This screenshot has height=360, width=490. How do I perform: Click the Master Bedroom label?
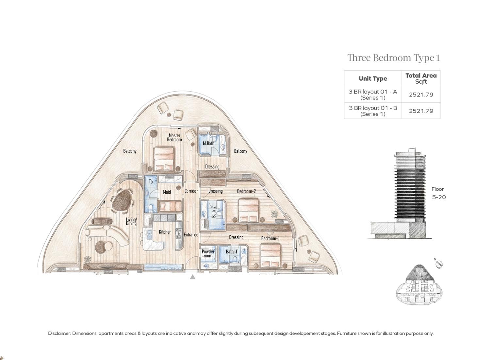point(174,137)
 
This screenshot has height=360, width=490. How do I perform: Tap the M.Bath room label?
point(208,143)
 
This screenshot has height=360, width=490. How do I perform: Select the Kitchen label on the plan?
point(165,232)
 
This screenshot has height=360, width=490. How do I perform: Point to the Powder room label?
point(208,253)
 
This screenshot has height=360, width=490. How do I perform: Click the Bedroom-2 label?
point(246,191)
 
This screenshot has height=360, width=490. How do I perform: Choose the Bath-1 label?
point(232,251)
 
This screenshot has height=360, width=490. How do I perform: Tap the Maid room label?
point(167,192)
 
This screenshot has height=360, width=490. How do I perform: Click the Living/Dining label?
point(131,221)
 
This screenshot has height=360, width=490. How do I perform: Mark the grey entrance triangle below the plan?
point(193,277)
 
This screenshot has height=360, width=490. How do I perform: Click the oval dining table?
point(122,200)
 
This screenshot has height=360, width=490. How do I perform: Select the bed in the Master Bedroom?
point(163,159)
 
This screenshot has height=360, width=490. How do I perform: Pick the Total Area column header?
point(421,78)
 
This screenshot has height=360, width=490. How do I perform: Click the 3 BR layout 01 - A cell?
point(373,94)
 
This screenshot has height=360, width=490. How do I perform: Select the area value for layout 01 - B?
point(421,111)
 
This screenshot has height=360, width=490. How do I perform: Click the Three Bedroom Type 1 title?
point(394,58)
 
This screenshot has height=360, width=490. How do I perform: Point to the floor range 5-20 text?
point(439,197)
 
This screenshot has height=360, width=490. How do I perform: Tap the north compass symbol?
point(439,264)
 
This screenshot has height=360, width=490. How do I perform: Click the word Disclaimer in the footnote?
point(59,334)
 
